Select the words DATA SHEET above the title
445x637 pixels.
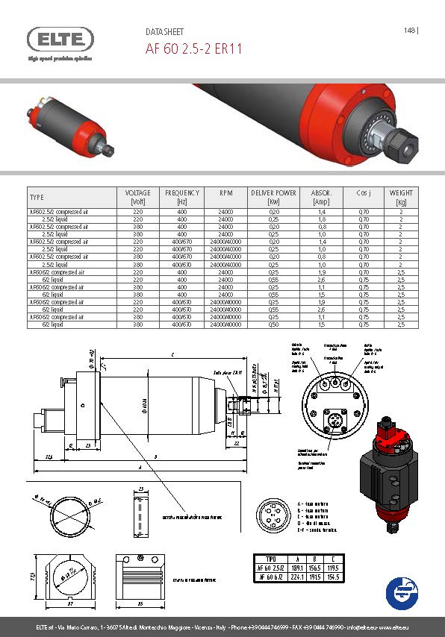coord(164,33)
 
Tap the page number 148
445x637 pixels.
coord(409,31)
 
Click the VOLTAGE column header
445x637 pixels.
coord(137,197)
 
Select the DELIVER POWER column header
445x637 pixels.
coord(274,197)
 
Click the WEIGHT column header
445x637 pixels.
coord(401,197)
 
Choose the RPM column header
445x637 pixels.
coord(225,193)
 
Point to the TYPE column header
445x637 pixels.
coord(37,198)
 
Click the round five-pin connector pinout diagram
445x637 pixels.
coord(272,514)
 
